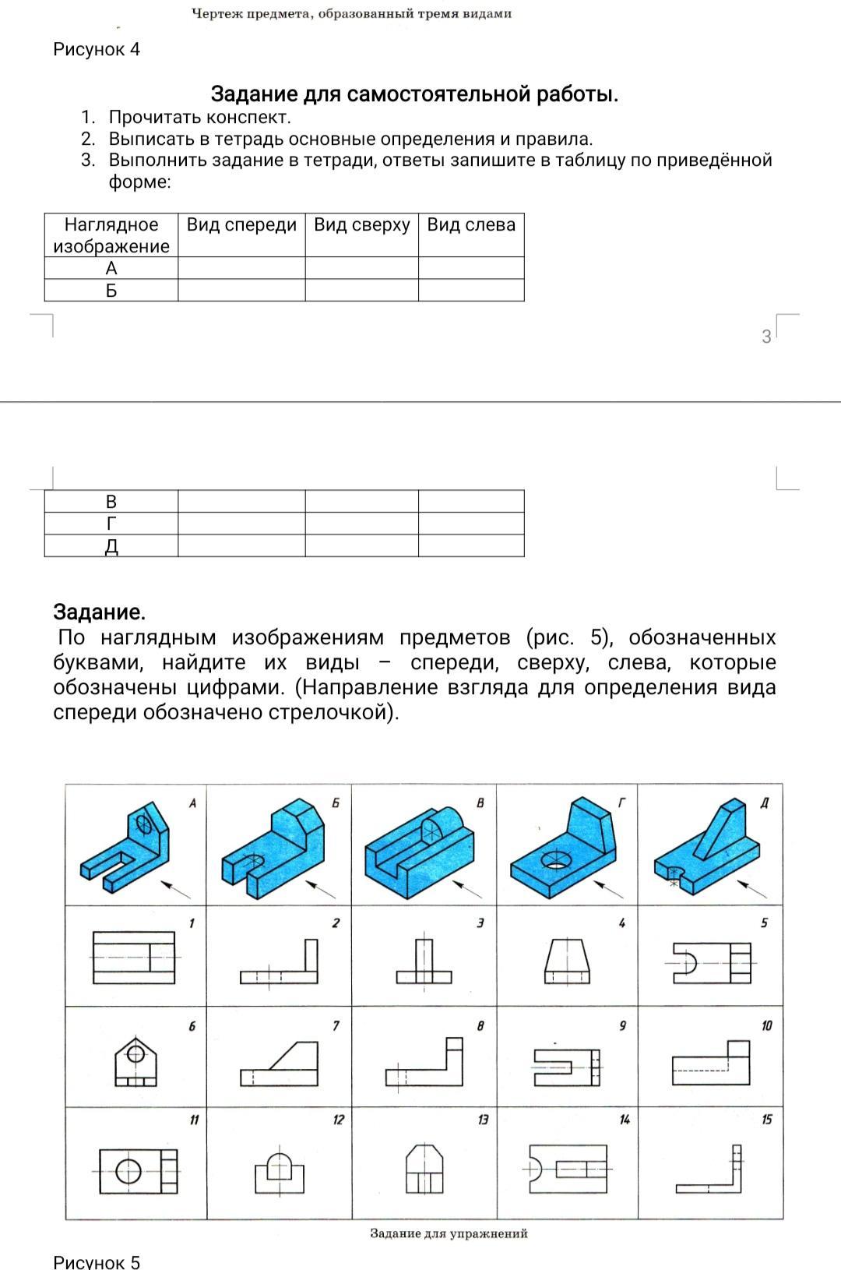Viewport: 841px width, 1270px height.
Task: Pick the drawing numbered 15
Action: click(710, 1169)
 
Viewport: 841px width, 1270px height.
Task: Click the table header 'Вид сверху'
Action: click(361, 225)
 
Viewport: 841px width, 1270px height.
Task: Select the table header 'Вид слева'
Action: click(471, 225)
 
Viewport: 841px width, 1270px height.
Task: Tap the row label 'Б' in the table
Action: click(111, 291)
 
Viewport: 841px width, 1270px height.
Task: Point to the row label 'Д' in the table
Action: click(111, 546)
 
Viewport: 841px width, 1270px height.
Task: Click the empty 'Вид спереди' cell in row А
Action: click(241, 269)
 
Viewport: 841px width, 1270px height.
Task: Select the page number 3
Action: click(766, 337)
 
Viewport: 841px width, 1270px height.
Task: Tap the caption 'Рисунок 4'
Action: click(97, 50)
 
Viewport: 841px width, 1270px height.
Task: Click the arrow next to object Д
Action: click(751, 888)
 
